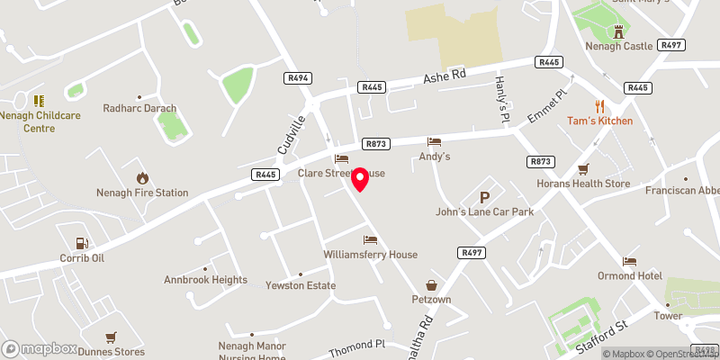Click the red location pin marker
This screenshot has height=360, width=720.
tap(359, 179)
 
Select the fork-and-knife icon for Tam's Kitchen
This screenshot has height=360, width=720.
tap(599, 105)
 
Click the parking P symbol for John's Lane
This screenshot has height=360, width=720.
tap(485, 197)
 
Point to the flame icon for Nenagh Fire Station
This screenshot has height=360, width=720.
tap(142, 177)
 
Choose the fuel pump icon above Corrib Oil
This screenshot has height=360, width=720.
tap(83, 243)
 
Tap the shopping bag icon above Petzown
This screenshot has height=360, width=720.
tap(431, 284)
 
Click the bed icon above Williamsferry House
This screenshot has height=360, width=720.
tap(370, 239)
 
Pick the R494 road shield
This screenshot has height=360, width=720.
tap(300, 78)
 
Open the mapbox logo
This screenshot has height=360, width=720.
tap(39, 348)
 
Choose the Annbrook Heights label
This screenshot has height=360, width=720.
tap(205, 280)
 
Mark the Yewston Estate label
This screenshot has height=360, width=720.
tap(301, 286)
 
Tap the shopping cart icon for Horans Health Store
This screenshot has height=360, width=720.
tap(583, 168)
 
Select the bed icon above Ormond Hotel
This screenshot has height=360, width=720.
tap(629, 261)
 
